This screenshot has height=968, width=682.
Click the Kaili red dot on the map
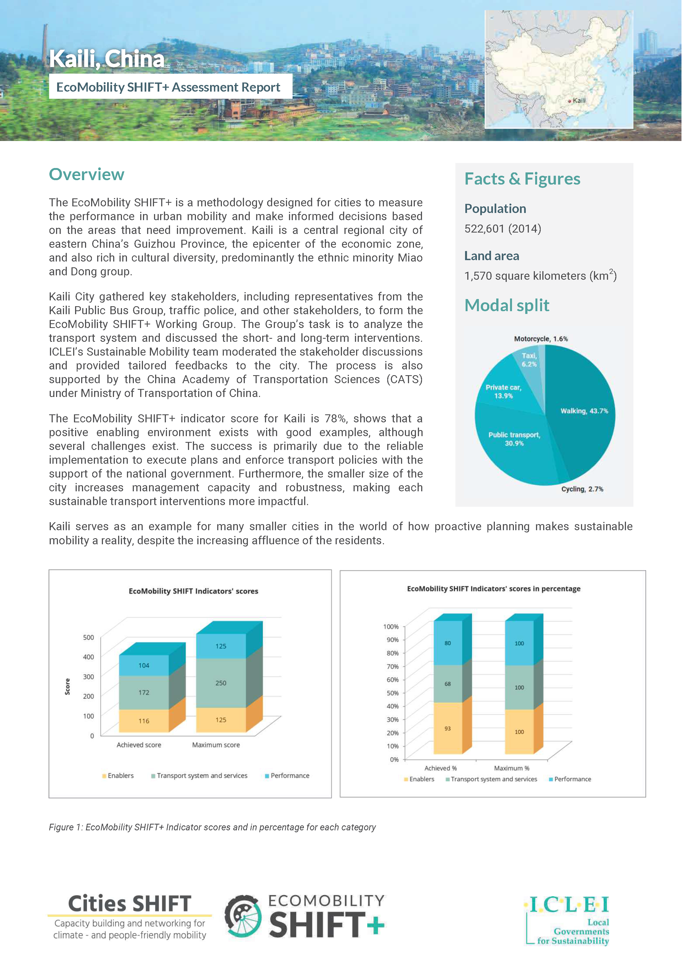point(569,101)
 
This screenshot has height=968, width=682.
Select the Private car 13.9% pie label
point(503,391)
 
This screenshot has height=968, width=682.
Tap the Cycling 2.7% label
point(582,489)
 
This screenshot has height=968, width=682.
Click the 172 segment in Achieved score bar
point(144,692)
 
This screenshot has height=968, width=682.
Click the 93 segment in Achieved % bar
point(447,728)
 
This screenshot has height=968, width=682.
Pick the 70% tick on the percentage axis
point(392,666)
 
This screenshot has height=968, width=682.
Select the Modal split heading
point(506,305)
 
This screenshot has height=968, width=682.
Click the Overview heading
point(86,174)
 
